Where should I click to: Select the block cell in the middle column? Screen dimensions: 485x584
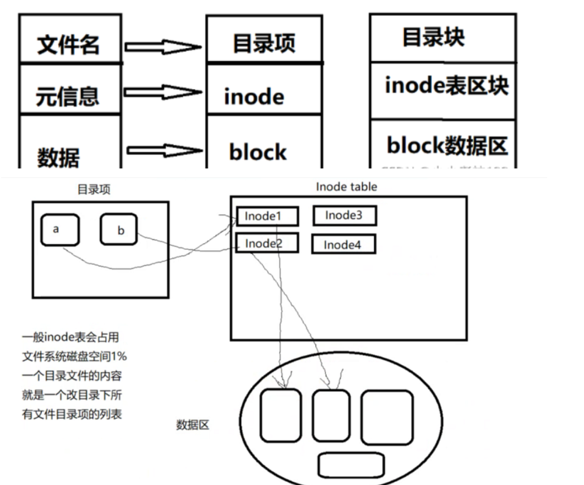(x=264, y=145)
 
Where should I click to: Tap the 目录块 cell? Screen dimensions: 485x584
(x=443, y=37)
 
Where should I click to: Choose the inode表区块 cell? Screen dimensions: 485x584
(x=443, y=88)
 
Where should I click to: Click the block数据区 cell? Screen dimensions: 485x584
(x=443, y=144)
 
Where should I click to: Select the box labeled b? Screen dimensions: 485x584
(x=118, y=230)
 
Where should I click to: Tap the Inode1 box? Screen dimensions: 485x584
(x=267, y=216)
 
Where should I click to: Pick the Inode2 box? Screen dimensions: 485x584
(x=267, y=243)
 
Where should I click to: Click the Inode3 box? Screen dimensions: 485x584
(x=345, y=216)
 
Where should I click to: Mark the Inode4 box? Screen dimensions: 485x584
(x=343, y=244)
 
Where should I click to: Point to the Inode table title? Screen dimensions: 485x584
(x=346, y=187)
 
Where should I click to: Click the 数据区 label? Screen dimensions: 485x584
(x=193, y=425)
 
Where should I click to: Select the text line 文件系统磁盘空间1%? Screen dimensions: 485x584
(x=74, y=357)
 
